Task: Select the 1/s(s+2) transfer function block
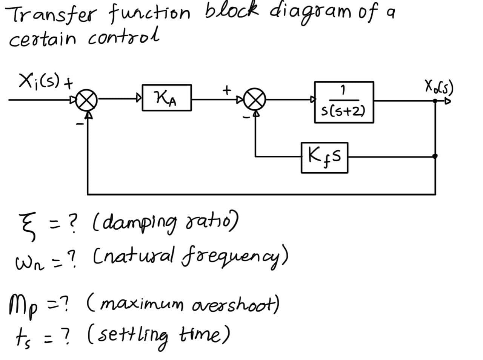(x=344, y=102)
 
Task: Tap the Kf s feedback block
(x=324, y=157)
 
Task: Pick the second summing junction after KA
(x=256, y=100)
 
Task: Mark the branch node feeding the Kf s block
(x=435, y=156)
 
